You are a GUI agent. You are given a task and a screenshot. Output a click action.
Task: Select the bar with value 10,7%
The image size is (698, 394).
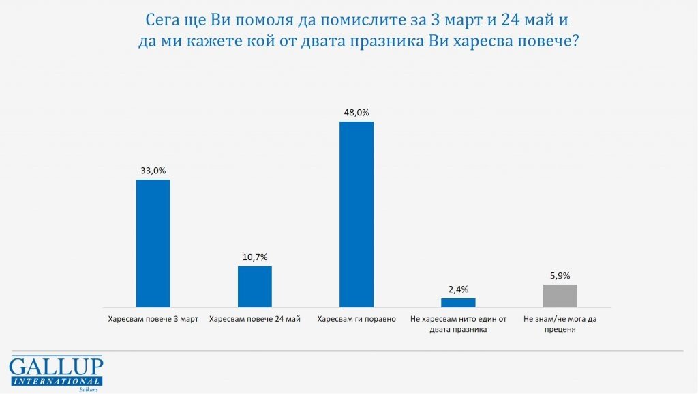pos(255,286)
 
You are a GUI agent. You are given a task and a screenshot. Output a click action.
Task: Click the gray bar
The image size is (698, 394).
pos(560,296)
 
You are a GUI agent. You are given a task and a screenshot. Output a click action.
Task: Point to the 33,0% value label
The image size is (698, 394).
pos(153,171)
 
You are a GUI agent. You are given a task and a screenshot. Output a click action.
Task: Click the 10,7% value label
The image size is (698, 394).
pos(255,257)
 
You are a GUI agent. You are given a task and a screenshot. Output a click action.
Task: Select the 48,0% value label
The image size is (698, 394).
pos(356,113)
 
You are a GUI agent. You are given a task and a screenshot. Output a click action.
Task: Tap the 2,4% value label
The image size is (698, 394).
pos(458,290)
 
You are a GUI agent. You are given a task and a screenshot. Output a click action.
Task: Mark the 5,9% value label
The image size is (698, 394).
pos(560,276)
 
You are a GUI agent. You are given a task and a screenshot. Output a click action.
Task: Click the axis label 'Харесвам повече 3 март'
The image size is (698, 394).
pos(153,319)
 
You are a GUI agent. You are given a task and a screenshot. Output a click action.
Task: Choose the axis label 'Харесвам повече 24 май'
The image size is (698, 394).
pos(255,319)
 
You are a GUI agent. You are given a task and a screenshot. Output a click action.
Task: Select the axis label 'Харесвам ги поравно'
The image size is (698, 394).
pos(356,319)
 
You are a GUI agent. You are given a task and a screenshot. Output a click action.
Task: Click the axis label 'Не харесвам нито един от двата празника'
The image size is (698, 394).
pos(458,324)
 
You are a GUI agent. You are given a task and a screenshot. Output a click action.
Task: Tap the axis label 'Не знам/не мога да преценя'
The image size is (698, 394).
pos(560,324)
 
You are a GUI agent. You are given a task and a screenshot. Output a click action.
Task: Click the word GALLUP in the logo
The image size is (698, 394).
pos(56,366)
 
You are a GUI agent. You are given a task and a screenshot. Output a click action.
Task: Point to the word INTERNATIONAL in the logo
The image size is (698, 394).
pos(56,380)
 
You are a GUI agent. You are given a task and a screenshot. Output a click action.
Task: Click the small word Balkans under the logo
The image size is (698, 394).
pos(89,389)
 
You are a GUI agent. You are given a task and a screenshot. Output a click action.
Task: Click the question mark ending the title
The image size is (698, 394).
pos(575,42)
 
